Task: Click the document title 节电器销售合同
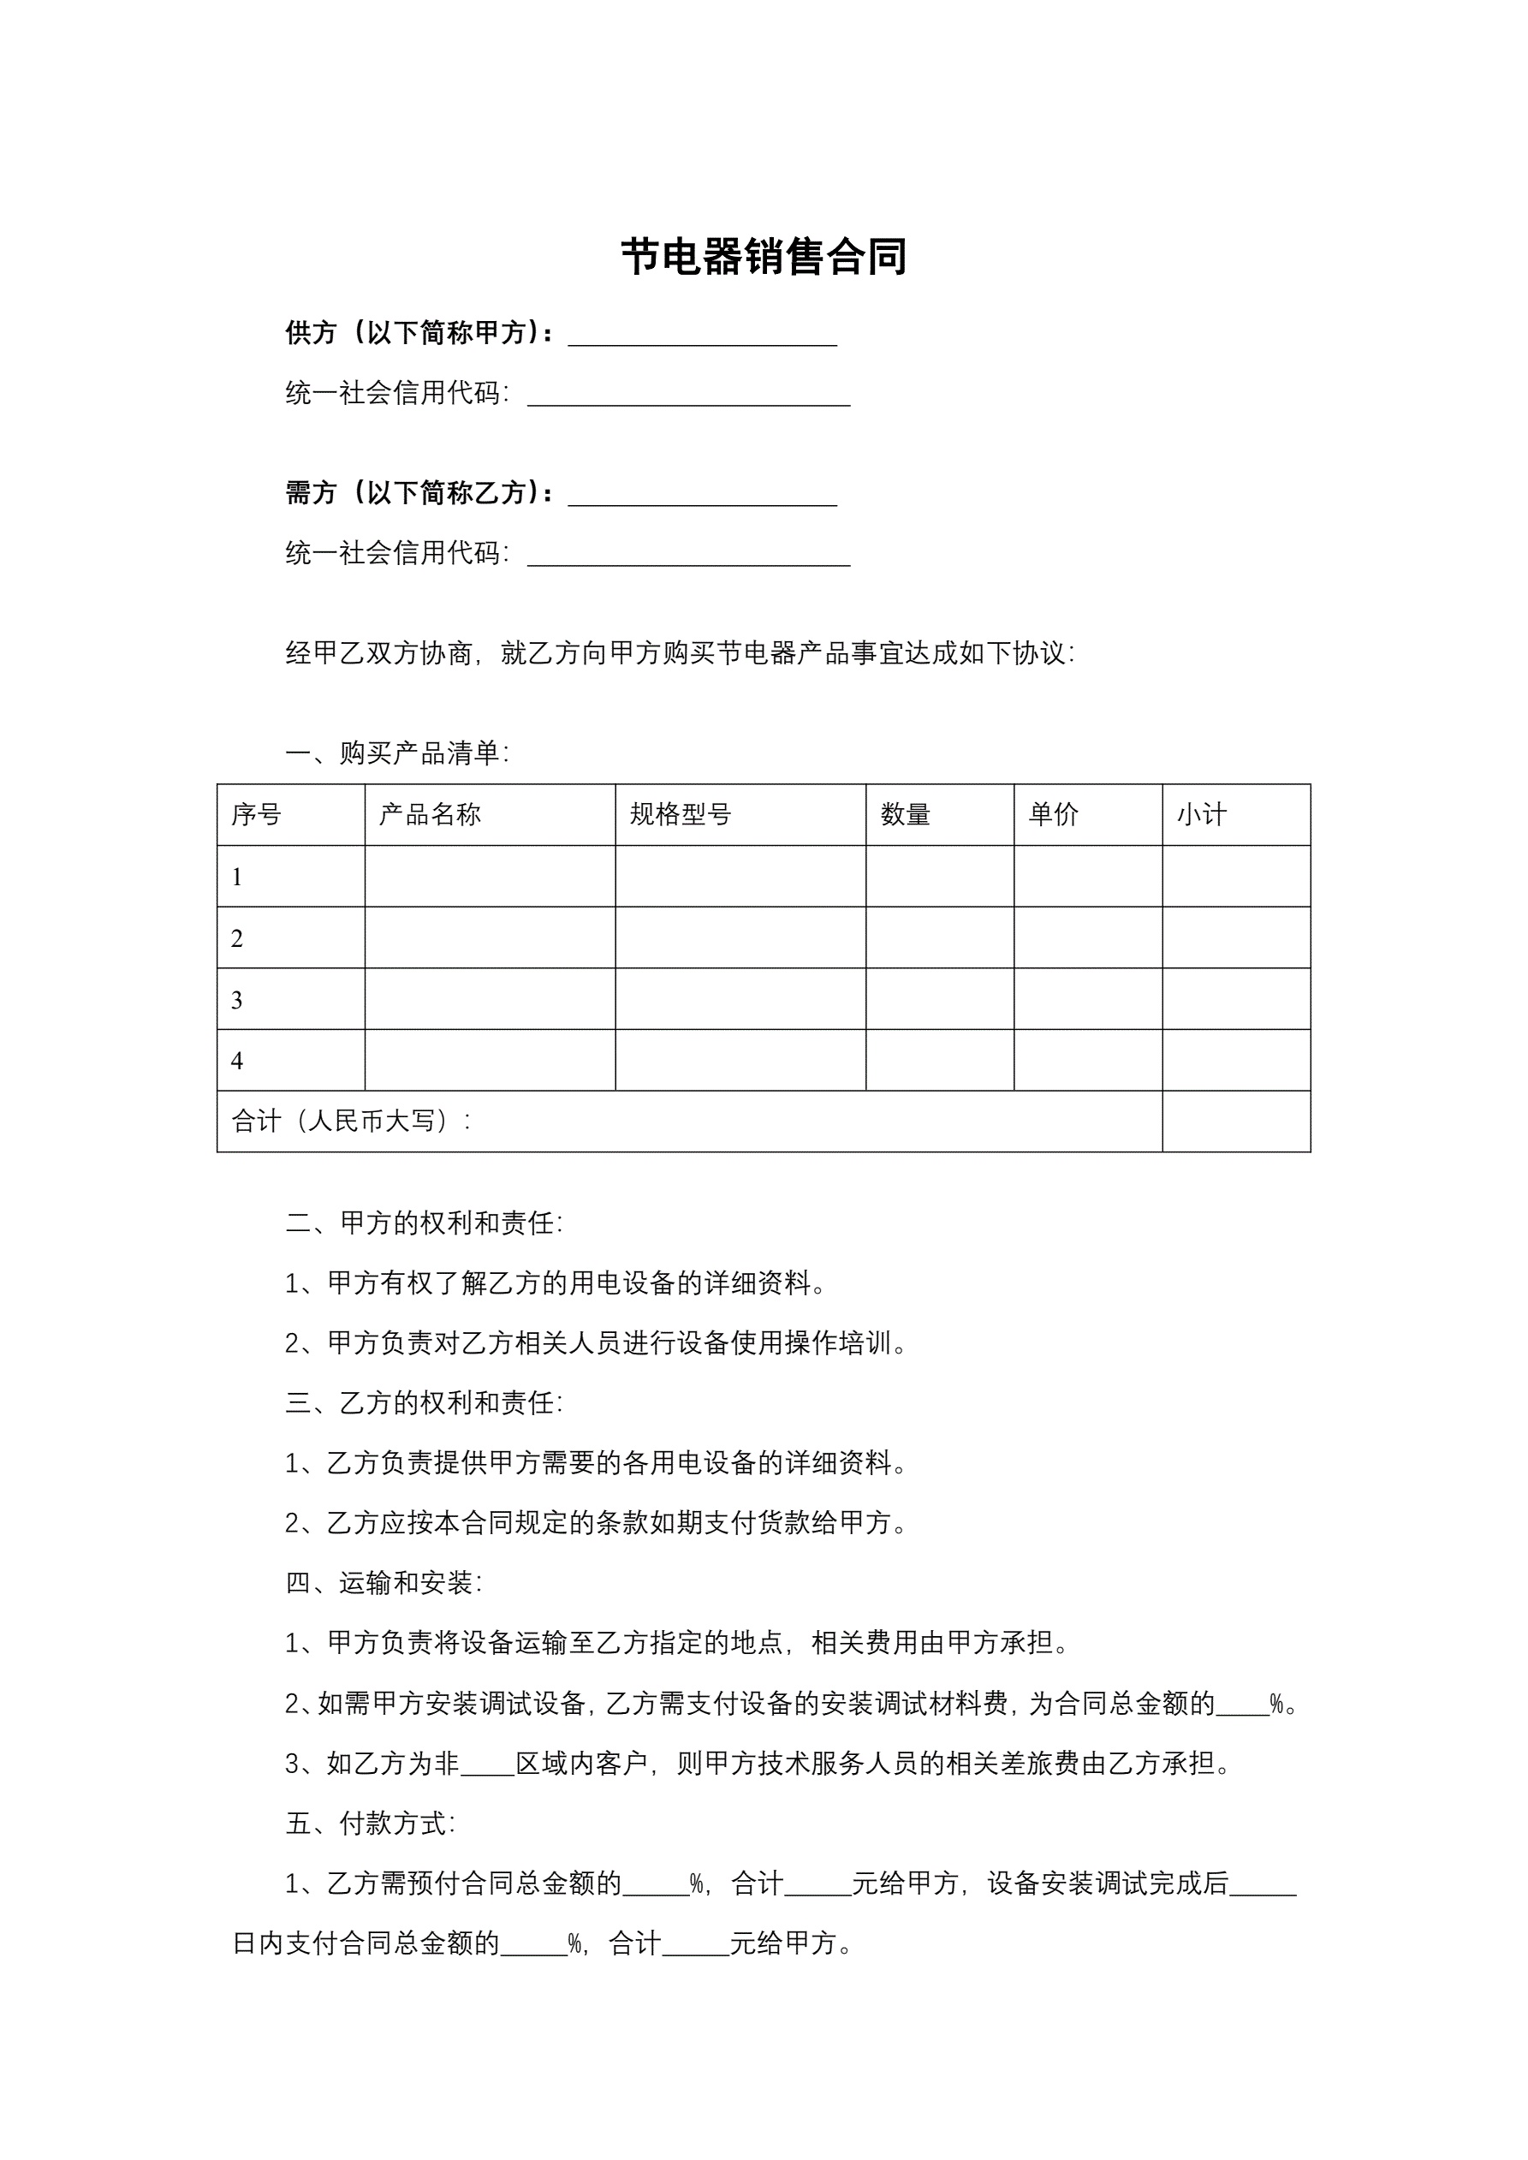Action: click(763, 257)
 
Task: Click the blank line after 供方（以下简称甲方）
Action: click(702, 336)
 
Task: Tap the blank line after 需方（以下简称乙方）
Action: click(702, 496)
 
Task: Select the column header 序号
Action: click(256, 815)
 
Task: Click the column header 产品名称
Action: click(430, 815)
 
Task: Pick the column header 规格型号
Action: click(681, 815)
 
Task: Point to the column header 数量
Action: click(905, 815)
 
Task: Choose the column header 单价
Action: click(1053, 815)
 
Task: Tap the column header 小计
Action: click(1202, 815)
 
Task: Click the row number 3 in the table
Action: click(237, 999)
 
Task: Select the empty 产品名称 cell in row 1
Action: click(490, 876)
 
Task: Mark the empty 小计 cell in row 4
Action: click(1235, 1060)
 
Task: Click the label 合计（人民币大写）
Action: click(350, 1122)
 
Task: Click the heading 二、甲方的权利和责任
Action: click(424, 1223)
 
